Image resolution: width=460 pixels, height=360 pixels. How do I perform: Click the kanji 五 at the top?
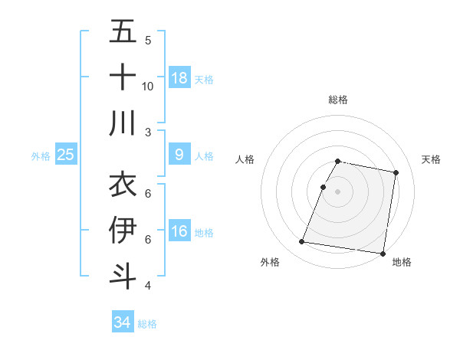[123, 31]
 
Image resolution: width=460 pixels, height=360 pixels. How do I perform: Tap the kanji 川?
[123, 123]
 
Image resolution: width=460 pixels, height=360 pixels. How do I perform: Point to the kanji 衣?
[123, 184]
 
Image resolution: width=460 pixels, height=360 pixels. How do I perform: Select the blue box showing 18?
[179, 78]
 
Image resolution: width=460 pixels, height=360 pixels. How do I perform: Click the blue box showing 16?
[179, 231]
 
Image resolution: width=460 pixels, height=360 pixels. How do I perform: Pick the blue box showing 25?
[66, 155]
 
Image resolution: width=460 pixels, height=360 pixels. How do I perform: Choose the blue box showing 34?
[123, 322]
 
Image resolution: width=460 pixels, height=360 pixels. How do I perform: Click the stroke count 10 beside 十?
[148, 87]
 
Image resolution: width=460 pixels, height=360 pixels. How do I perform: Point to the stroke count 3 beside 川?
[148, 133]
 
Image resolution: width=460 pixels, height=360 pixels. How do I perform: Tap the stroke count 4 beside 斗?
[148, 286]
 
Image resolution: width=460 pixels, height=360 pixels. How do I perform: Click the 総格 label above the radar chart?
[338, 100]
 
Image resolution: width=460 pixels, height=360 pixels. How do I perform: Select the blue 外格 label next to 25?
[41, 156]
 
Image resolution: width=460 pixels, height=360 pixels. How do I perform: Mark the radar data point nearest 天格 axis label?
[396, 173]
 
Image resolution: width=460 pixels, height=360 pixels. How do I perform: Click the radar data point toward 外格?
[302, 242]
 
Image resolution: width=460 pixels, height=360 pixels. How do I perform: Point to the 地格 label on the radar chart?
[402, 263]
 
